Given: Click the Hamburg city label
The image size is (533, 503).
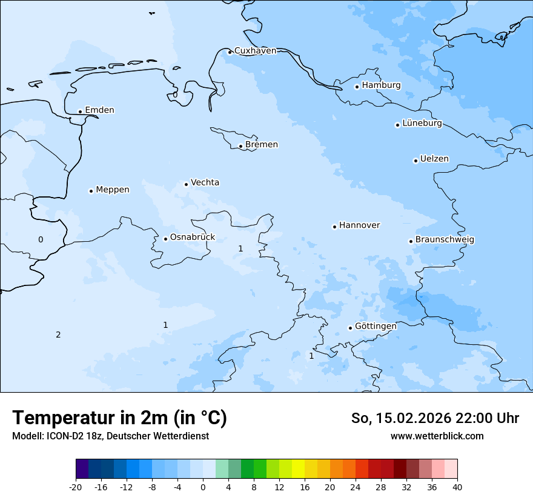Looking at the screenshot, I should [x=381, y=85].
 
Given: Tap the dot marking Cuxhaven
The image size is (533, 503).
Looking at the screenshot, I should [x=230, y=52].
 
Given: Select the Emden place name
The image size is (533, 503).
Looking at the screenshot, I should [x=99, y=110].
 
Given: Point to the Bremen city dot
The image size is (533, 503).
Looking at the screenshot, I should [x=240, y=146].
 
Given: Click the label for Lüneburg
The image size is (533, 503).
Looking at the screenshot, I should [x=422, y=124].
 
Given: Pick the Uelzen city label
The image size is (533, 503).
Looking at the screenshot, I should [x=434, y=159].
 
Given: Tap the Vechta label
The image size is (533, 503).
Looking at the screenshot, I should [x=205, y=182].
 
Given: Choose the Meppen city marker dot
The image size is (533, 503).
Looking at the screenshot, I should [x=91, y=191].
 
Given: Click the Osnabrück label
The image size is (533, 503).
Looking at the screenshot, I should [x=192, y=238].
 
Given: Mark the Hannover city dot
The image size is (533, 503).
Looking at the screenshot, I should [x=334, y=227].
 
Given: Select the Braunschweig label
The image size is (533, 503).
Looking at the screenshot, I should [x=445, y=240].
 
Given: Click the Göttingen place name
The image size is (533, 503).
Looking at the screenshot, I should [x=376, y=327].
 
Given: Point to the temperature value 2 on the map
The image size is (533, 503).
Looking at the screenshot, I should [x=58, y=335].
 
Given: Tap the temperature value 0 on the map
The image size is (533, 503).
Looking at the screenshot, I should [x=41, y=240].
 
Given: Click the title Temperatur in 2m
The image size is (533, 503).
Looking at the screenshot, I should [x=119, y=418].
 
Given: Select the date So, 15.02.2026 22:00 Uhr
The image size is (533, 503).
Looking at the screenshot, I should [x=435, y=418].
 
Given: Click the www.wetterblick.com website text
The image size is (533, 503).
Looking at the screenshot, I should [x=437, y=436].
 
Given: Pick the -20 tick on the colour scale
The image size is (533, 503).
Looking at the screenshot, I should [x=76, y=487].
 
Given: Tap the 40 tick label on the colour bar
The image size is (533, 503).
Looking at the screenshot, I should [x=457, y=487].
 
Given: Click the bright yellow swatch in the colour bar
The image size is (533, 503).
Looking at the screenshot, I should [x=298, y=469].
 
